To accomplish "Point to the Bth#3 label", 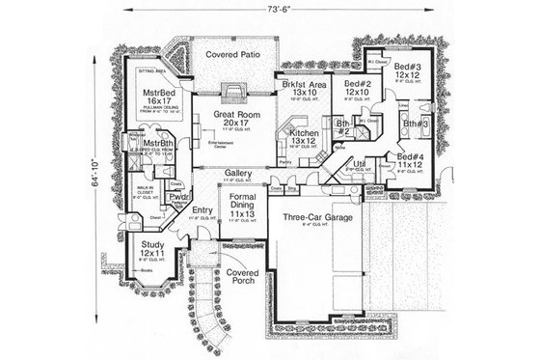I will point(416,125).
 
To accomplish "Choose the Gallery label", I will point(238,174).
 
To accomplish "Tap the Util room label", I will point(359,166).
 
